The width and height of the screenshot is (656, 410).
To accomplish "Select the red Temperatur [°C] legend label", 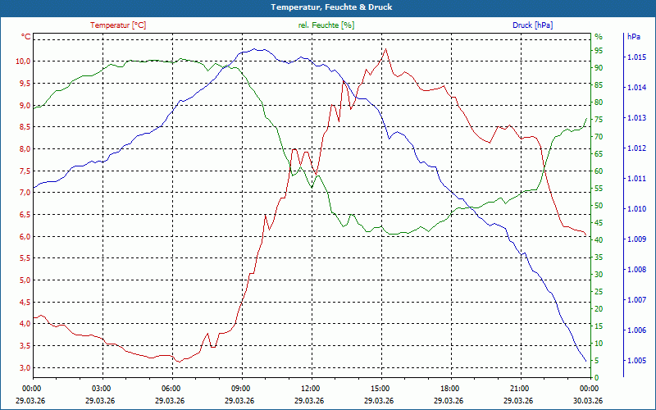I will pos(118,25).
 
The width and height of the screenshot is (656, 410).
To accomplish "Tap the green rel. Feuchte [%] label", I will pos(326,25).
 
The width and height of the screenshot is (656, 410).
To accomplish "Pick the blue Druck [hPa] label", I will pos(532,25).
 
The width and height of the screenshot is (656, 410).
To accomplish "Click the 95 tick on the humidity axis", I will pos(599,50).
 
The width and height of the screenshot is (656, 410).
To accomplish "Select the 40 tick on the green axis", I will pos(599,239).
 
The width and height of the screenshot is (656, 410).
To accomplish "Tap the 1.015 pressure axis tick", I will pos(636,57).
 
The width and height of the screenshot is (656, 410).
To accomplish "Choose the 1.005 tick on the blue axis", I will pos(636,361).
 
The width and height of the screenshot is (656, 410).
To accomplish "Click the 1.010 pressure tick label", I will pos(636,209).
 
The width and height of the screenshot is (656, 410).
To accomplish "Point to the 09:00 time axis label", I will pos(241,388).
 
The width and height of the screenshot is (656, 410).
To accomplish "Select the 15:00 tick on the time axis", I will pos(380,388).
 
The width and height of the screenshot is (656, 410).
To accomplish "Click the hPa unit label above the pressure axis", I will pos(633,37).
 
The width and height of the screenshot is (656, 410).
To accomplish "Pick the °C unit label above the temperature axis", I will pos(25,37).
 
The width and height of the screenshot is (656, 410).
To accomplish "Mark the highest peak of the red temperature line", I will pos(385,48).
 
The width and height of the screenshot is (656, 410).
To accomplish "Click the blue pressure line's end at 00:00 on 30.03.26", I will pos(586,361).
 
